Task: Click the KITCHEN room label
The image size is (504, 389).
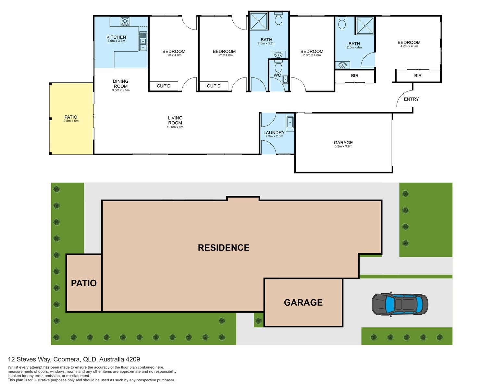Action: pyautogui.click(x=116, y=37)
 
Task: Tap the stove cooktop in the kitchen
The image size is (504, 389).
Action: pyautogui.click(x=125, y=22)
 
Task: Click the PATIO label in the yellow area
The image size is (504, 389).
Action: pyautogui.click(x=71, y=117)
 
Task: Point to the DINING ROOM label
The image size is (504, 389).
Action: pyautogui.click(x=121, y=84)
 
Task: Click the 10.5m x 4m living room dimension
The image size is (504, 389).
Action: pyautogui.click(x=175, y=127)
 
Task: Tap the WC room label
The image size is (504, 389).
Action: pyautogui.click(x=277, y=75)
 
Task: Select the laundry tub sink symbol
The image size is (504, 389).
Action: pyautogui.click(x=290, y=122)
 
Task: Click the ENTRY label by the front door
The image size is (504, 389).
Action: pyautogui.click(x=411, y=99)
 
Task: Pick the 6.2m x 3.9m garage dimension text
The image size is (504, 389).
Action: pyautogui.click(x=343, y=147)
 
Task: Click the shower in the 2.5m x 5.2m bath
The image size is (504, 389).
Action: pyautogui.click(x=259, y=21)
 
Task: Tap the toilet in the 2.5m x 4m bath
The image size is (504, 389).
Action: pyautogui.click(x=342, y=24)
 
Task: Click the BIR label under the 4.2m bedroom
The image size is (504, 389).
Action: pyautogui.click(x=418, y=76)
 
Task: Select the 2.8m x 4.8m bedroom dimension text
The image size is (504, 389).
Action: pyautogui.click(x=312, y=55)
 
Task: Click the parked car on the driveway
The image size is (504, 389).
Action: pyautogui.click(x=400, y=304)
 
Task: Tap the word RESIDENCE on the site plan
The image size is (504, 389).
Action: pyautogui.click(x=224, y=248)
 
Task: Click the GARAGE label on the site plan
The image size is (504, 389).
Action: pyautogui.click(x=303, y=302)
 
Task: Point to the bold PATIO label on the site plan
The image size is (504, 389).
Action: pyautogui.click(x=84, y=283)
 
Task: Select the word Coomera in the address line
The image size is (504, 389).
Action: pyautogui.click(x=67, y=359)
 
